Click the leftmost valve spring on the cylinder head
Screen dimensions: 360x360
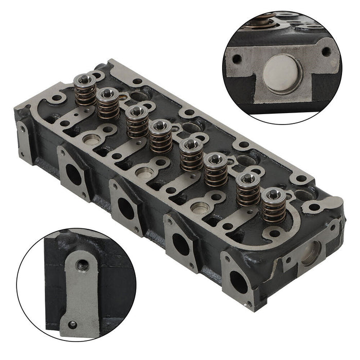click(x=84, y=90)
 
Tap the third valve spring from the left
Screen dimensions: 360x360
click(x=137, y=122)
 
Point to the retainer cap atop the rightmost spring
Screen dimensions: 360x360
click(x=273, y=194)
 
